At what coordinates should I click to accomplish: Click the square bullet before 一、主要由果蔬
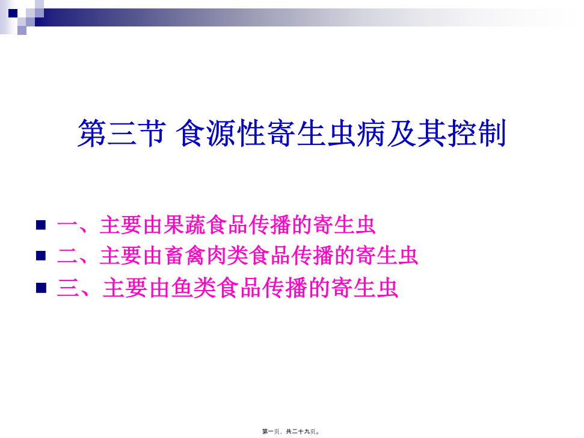(x=41, y=225)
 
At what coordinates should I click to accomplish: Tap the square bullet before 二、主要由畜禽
(x=41, y=256)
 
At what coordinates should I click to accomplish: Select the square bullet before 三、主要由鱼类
(x=41, y=288)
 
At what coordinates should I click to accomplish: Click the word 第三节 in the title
(x=121, y=133)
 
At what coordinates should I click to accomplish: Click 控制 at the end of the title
(x=476, y=133)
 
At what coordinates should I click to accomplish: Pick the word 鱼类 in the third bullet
(x=194, y=288)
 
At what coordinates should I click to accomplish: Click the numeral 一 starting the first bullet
(x=67, y=226)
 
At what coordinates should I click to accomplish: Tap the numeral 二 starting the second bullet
(x=67, y=256)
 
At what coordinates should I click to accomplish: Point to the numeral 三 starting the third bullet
(x=68, y=288)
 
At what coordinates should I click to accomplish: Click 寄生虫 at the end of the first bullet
(x=344, y=225)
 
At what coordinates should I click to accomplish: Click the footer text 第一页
(x=271, y=431)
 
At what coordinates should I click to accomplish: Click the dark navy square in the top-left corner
(x=13, y=13)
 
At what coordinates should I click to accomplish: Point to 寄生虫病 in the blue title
(x=326, y=133)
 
